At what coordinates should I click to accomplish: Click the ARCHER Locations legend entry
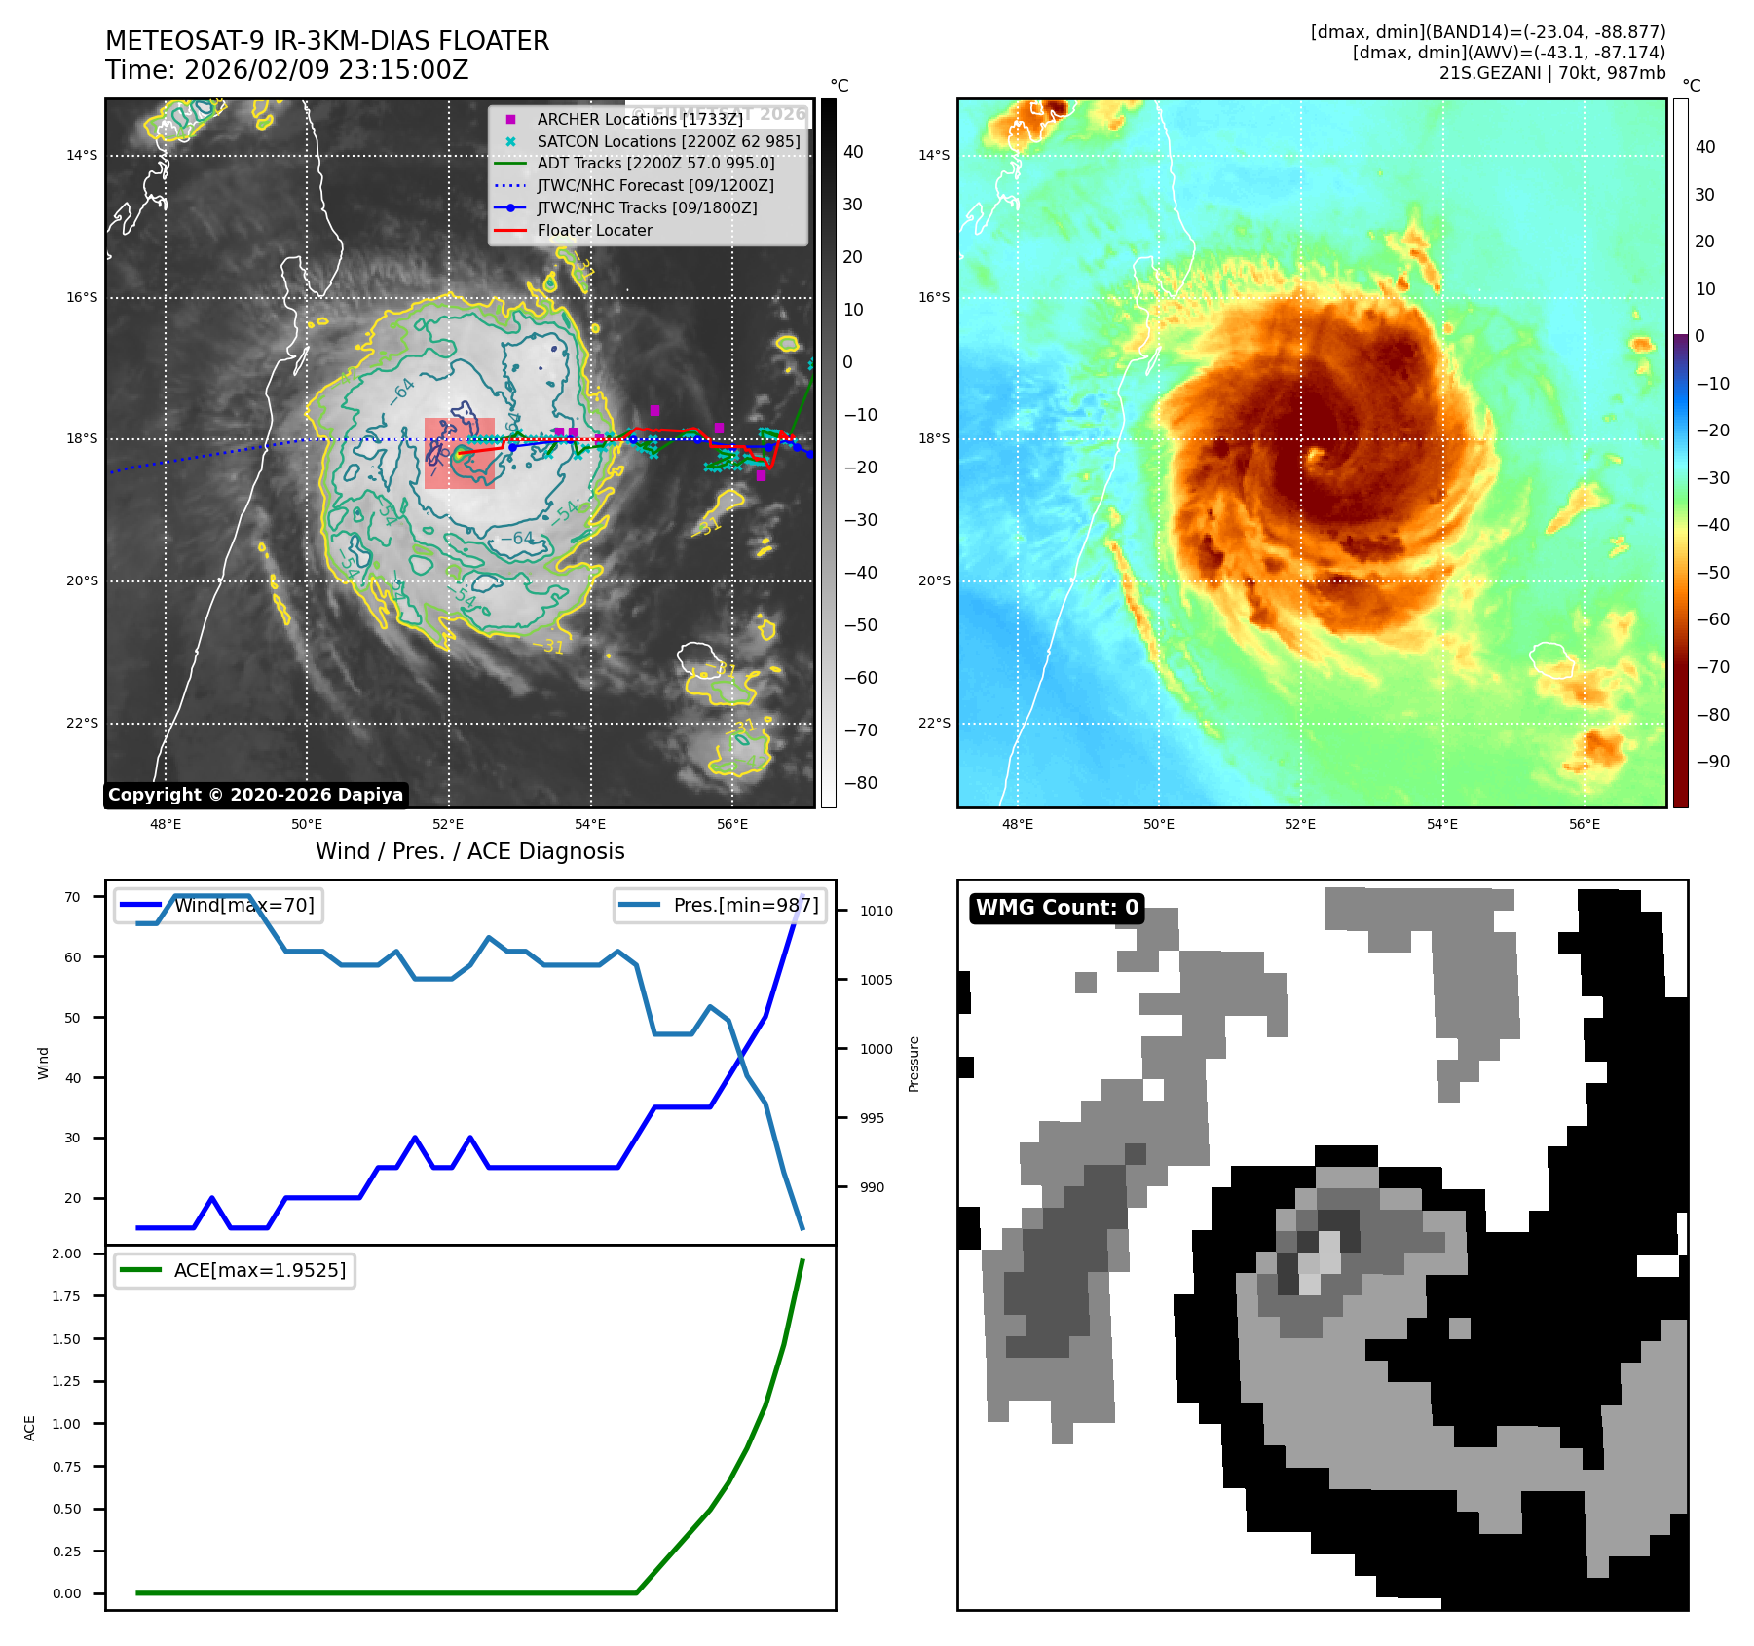(x=639, y=119)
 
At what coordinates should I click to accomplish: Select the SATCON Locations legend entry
(x=668, y=141)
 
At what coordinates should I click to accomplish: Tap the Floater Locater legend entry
(x=594, y=230)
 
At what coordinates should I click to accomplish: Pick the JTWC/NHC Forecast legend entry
(x=655, y=185)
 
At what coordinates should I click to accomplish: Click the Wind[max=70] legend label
(x=243, y=905)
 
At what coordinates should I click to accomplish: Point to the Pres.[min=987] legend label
(x=746, y=905)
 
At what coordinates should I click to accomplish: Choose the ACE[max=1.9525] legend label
(x=259, y=1270)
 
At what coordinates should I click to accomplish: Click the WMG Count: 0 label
(x=1057, y=908)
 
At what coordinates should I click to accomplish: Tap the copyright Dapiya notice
(x=255, y=795)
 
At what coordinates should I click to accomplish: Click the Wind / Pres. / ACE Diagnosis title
(x=469, y=851)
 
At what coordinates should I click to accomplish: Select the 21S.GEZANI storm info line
(x=1551, y=73)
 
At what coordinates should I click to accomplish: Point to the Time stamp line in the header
(x=287, y=70)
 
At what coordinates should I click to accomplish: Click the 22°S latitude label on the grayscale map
(x=83, y=723)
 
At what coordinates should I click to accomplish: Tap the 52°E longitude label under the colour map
(x=1300, y=824)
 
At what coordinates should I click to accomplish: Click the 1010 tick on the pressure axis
(x=876, y=911)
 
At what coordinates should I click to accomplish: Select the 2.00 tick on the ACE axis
(x=66, y=1253)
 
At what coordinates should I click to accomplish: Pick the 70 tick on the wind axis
(x=72, y=897)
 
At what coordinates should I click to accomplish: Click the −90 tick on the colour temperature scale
(x=1712, y=762)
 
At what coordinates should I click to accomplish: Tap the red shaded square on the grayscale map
(x=459, y=453)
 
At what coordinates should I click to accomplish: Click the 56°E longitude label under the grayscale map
(x=732, y=824)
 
